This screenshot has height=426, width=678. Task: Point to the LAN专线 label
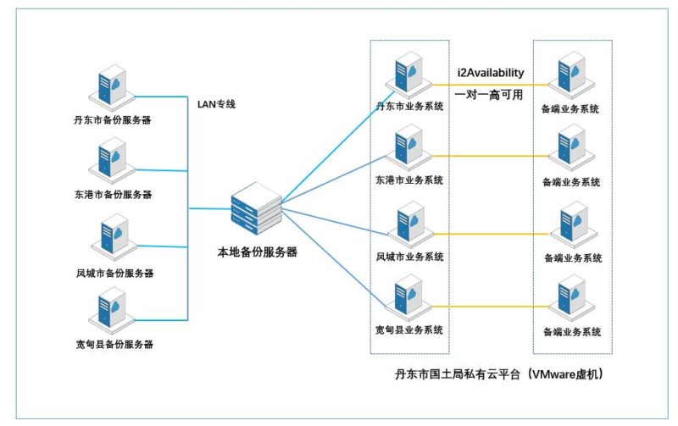(x=216, y=104)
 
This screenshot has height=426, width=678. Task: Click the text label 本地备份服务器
(x=257, y=252)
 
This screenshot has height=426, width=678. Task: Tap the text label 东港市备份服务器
(x=113, y=195)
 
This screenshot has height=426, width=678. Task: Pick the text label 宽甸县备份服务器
(x=113, y=345)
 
